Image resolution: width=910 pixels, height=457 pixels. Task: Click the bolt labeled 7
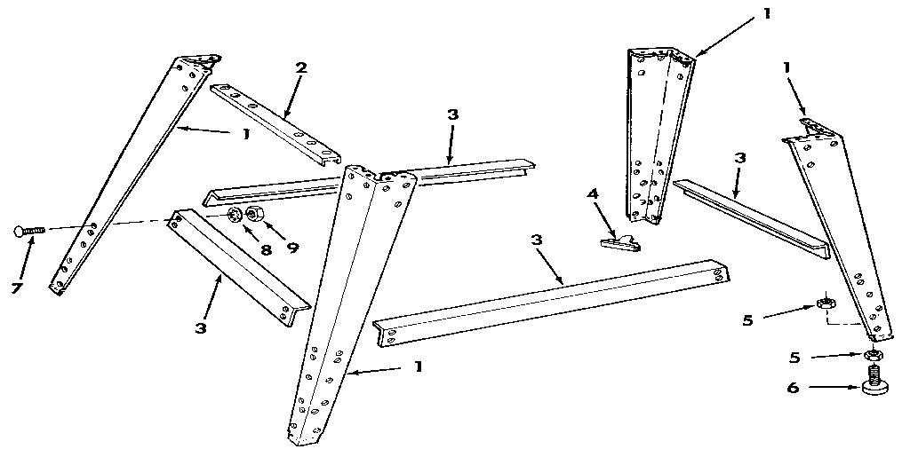coord(29,231)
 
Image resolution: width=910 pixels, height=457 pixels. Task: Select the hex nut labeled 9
coord(255,215)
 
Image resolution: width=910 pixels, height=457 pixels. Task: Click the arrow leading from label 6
coord(832,386)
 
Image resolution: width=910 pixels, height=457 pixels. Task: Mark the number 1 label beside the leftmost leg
coord(244,134)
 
